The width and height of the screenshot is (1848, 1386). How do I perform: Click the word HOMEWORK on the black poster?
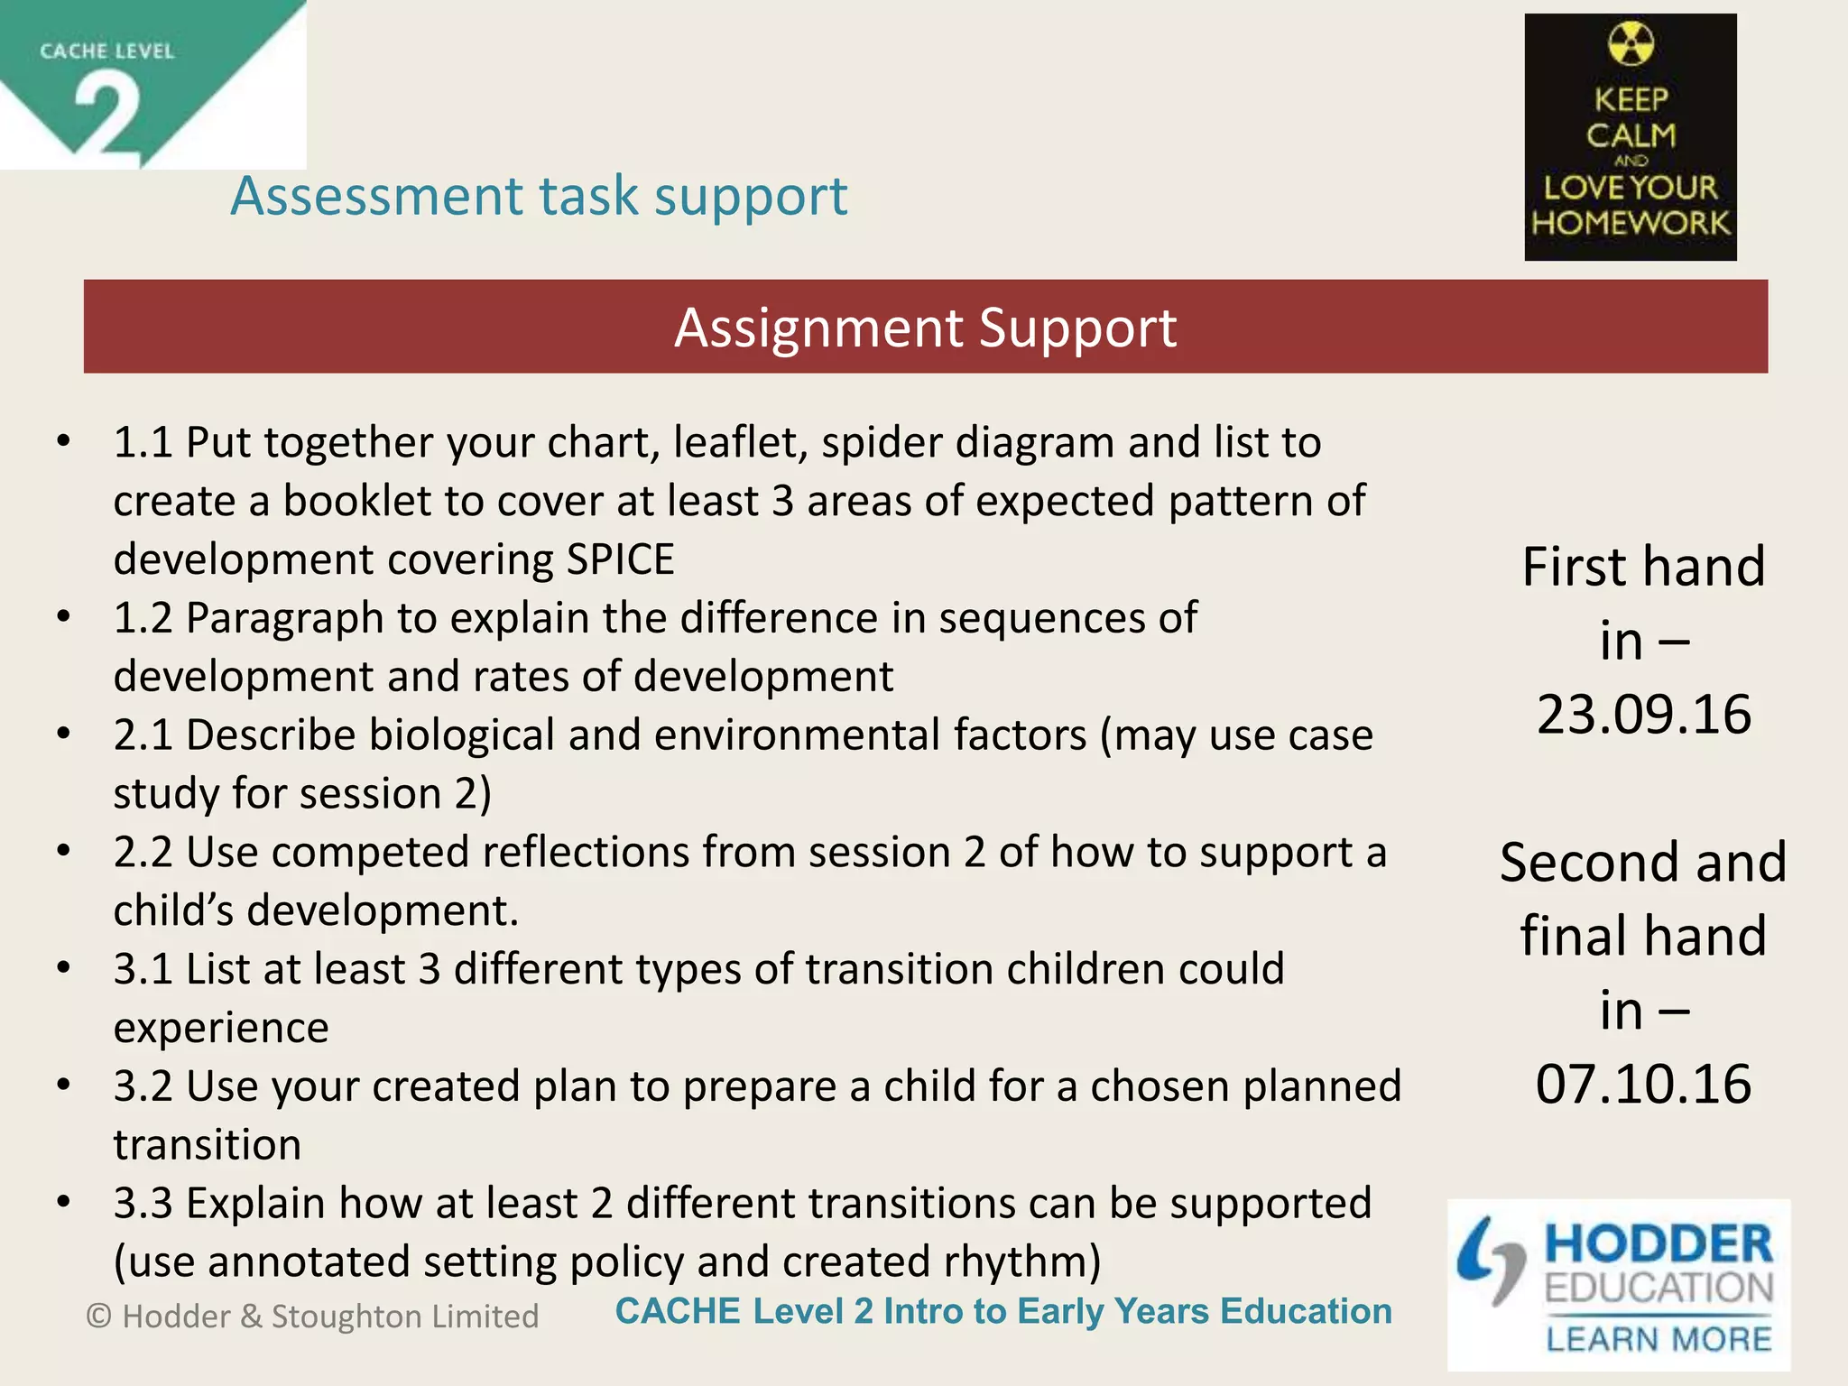1631,223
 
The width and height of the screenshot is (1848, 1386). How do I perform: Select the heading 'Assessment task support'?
539,196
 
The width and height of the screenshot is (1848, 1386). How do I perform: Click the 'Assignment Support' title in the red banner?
925,327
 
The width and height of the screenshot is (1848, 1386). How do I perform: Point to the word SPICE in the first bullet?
620,559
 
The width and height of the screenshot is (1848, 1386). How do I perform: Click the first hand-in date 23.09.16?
1644,715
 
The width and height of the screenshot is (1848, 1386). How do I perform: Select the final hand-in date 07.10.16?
1644,1084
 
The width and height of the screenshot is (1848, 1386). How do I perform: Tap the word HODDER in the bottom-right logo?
1659,1244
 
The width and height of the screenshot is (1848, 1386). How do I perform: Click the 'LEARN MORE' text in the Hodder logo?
1659,1339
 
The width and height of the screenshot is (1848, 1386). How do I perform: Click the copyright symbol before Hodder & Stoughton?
99,1317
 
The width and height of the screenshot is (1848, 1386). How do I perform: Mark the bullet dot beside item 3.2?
63,1085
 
